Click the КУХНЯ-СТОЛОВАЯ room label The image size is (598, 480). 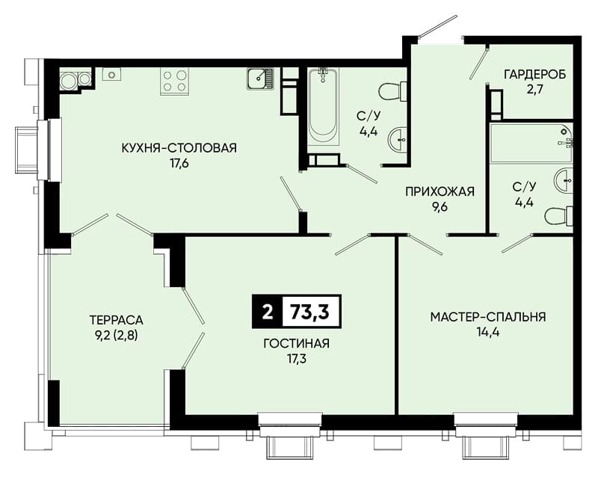coord(179,147)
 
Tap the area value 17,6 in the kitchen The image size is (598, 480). coord(179,164)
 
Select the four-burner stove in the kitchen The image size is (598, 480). coord(175,81)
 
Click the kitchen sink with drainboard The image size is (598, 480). coord(260,79)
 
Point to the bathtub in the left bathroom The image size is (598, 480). coord(323,107)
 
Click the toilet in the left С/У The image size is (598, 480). coord(392,91)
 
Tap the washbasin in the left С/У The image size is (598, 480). coord(398,140)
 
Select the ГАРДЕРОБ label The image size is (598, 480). coord(534,74)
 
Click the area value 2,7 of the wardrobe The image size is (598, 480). coord(534,90)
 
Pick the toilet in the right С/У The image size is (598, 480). coord(559,217)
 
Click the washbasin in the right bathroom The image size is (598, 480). coord(564,180)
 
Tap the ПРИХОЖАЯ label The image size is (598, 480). coord(440,191)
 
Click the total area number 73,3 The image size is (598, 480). coord(309,312)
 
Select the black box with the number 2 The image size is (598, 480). coord(268,312)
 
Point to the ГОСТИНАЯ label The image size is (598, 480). coord(296,343)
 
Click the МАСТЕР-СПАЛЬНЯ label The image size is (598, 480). coord(488,317)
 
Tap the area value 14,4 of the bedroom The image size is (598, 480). coord(488,333)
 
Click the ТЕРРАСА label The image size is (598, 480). coord(117,319)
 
